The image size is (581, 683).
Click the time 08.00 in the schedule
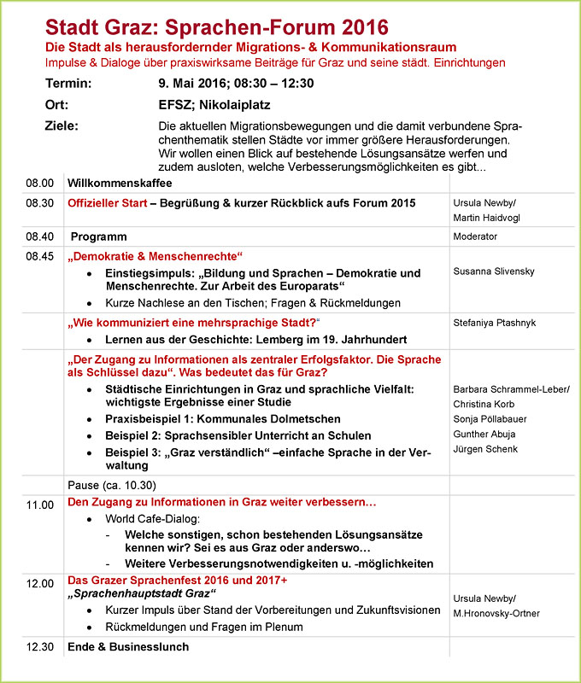tap(39, 183)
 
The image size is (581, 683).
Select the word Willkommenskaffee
tap(120, 183)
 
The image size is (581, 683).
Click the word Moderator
tap(476, 236)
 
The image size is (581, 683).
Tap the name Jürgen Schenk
tap(485, 449)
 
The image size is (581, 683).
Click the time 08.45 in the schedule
tap(39, 255)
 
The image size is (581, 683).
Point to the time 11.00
tap(39, 505)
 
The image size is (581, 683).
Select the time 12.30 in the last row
tap(39, 646)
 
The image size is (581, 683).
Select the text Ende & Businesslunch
tap(128, 646)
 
